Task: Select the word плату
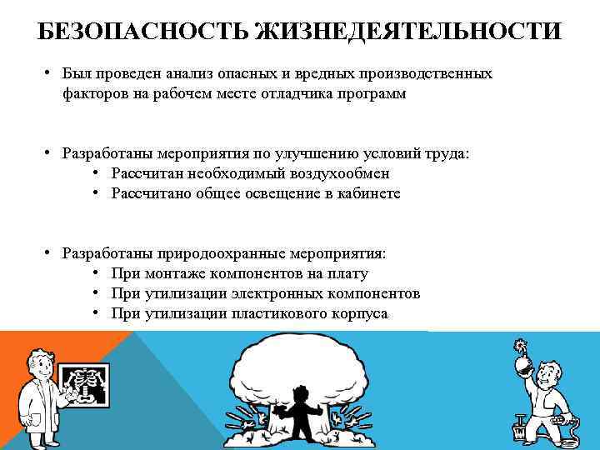[x=349, y=273]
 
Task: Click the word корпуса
[x=358, y=313]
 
